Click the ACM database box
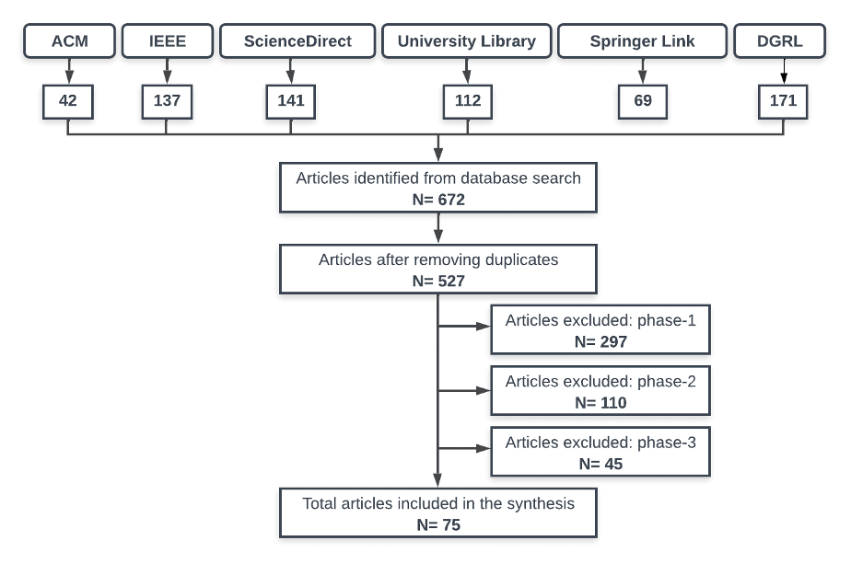(x=68, y=41)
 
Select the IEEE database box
(x=167, y=41)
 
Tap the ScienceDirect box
(x=297, y=41)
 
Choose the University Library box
(x=467, y=41)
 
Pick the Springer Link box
(x=642, y=41)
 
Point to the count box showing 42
(x=68, y=101)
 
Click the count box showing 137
(x=167, y=101)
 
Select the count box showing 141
(x=291, y=101)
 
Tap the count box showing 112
(x=468, y=101)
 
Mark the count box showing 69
(x=643, y=101)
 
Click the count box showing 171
(x=784, y=101)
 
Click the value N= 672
(x=438, y=198)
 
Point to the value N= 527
(x=438, y=280)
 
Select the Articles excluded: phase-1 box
(x=600, y=330)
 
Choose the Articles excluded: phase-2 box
(x=600, y=391)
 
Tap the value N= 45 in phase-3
(x=600, y=463)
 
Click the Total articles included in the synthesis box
(x=438, y=512)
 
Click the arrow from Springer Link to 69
(x=643, y=71)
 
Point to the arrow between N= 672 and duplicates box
(x=438, y=225)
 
